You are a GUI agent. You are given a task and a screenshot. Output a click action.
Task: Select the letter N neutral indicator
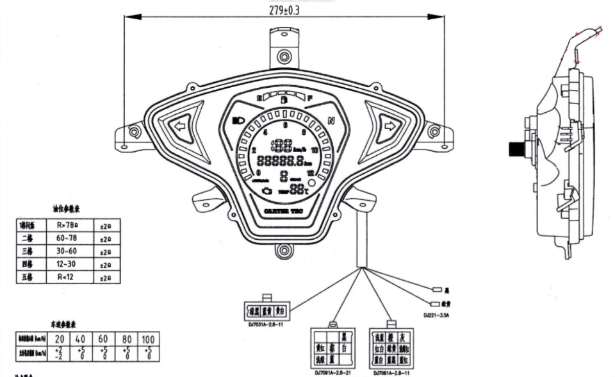(x=331, y=121)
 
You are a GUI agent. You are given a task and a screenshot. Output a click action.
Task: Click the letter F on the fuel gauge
(x=311, y=98)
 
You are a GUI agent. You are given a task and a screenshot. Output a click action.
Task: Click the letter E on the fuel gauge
(x=259, y=98)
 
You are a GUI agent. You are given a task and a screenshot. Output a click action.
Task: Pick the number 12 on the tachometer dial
(x=311, y=173)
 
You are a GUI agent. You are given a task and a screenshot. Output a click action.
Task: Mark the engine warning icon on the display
(x=266, y=190)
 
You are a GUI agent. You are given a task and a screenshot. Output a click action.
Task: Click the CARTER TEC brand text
(x=284, y=210)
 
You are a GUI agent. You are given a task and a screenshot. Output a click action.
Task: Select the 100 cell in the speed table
(x=148, y=338)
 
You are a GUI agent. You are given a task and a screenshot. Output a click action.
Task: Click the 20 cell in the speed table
(x=60, y=338)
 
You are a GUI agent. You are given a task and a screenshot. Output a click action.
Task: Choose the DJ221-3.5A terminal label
(x=437, y=315)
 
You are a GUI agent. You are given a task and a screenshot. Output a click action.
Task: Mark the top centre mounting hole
(x=283, y=56)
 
